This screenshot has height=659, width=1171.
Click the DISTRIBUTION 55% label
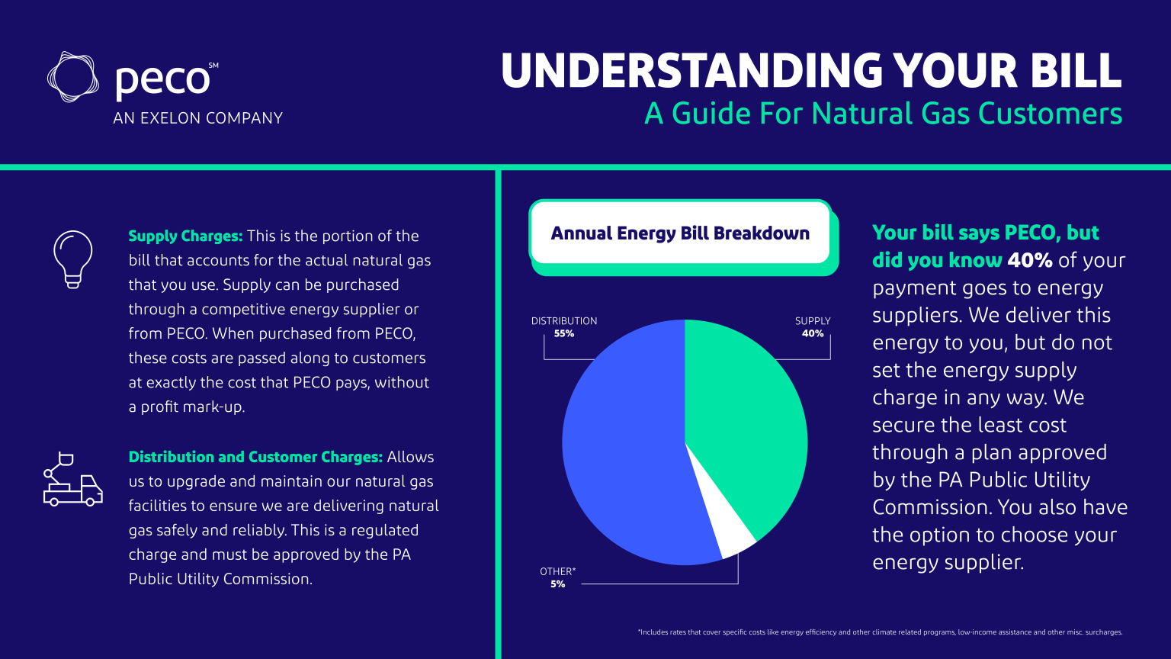564,327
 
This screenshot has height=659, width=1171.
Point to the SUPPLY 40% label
813,327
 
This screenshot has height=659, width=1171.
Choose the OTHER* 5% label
558,577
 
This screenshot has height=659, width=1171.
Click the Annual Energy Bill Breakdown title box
680,233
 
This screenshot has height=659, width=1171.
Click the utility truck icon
72,481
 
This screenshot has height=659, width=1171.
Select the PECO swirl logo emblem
73,77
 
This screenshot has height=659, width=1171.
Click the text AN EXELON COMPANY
197,118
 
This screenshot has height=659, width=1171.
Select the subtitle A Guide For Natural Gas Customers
883,114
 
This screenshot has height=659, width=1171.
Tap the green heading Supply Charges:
185,236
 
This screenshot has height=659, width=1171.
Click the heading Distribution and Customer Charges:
255,457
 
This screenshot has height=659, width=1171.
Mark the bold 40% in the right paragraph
1029,260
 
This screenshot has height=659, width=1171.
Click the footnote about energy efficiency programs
880,632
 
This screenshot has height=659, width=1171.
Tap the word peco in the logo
162,79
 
